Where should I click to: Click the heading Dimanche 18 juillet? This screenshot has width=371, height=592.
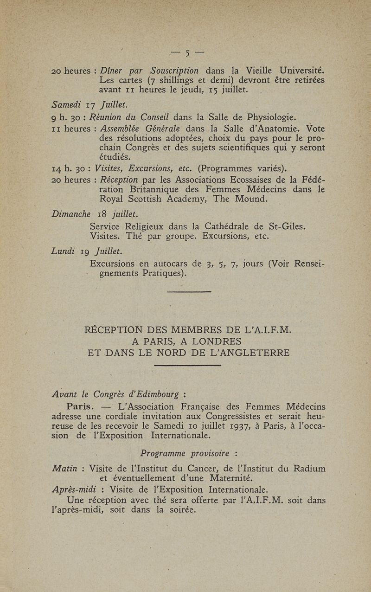click(x=88, y=214)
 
